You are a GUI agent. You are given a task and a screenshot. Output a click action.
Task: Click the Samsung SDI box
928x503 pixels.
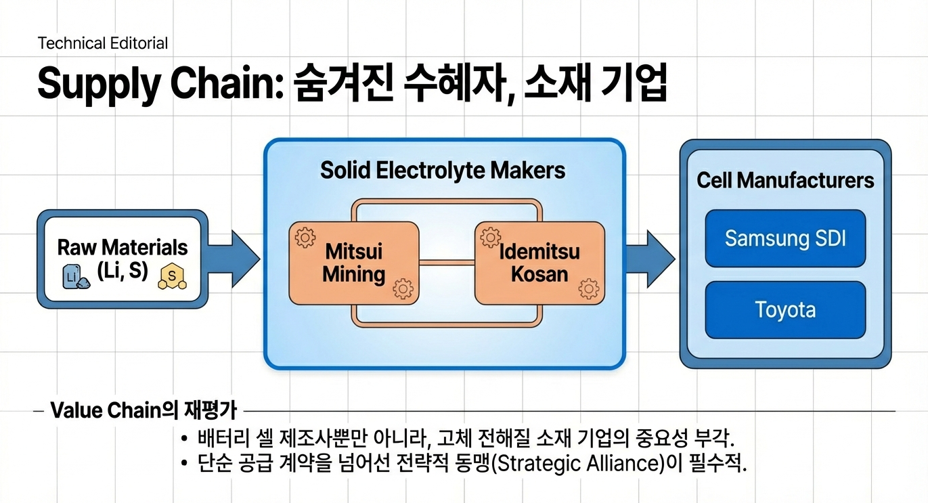tap(785, 238)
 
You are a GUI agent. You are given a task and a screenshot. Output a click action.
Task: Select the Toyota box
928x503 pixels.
tap(785, 310)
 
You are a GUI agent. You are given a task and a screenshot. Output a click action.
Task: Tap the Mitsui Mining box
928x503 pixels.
tap(353, 263)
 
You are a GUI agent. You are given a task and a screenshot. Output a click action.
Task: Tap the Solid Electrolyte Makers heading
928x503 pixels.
tap(443, 170)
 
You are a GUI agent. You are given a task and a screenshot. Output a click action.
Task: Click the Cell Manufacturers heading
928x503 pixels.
tap(785, 181)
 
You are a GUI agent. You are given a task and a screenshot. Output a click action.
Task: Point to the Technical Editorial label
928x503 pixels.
tap(103, 43)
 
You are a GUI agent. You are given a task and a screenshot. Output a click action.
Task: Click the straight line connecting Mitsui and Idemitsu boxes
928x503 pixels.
tap(447, 261)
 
